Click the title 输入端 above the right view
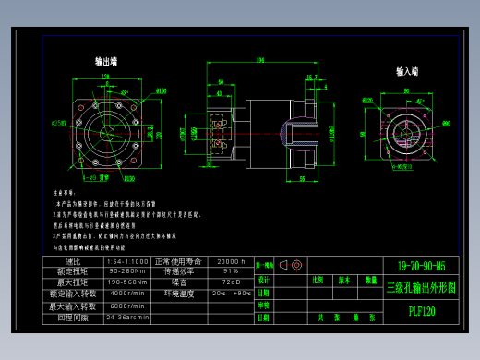point(407,71)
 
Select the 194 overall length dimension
point(260,60)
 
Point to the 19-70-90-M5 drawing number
point(420,266)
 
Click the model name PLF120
point(421,311)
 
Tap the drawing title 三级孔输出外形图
point(421,287)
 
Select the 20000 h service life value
point(231,261)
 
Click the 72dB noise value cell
point(231,282)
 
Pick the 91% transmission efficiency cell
point(231,271)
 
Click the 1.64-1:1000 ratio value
point(127,261)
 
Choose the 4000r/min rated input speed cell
point(127,294)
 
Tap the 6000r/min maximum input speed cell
point(127,306)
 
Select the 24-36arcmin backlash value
point(127,317)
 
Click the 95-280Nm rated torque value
point(127,271)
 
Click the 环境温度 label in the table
point(179,294)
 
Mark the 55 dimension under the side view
point(302,179)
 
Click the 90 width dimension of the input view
point(406,90)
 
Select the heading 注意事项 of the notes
point(64,193)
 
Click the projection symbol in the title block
point(291,265)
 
